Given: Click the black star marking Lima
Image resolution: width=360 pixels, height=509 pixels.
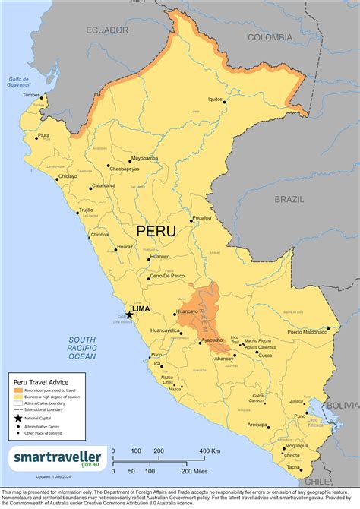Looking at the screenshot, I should click(x=130, y=314).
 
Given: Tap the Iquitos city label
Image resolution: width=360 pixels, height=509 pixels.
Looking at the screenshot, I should click(x=216, y=99).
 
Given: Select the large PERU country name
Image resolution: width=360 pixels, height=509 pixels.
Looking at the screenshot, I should click(x=156, y=230).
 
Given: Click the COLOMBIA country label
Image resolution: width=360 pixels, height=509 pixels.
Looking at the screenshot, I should click(x=270, y=36).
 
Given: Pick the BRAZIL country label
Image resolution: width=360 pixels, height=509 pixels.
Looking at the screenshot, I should click(x=289, y=199).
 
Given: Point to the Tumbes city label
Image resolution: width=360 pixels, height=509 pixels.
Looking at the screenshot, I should click(x=31, y=95).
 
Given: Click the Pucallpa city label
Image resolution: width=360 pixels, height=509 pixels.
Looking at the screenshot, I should click(x=201, y=217).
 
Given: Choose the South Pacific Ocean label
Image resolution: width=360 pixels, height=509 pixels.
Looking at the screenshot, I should click(x=81, y=347).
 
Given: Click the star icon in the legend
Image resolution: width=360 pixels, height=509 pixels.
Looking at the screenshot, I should click(x=18, y=418).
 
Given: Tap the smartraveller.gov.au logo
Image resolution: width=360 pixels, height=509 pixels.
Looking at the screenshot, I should click(x=56, y=457).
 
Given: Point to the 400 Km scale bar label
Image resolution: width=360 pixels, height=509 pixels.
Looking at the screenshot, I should click(x=210, y=451).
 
